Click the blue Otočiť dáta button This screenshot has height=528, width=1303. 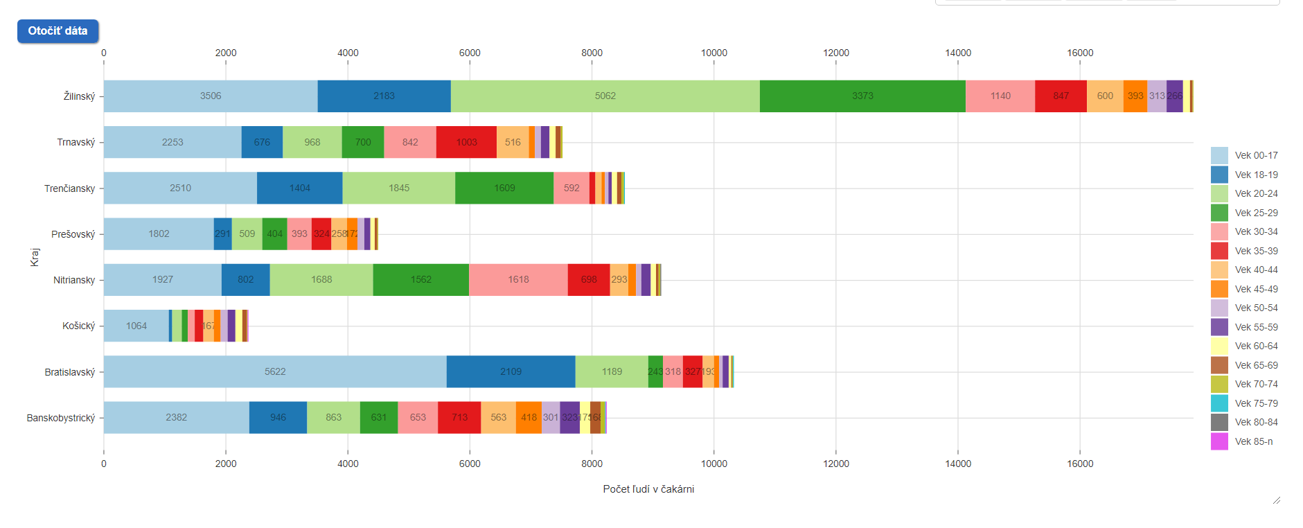[x=57, y=31]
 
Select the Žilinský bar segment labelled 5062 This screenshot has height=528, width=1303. [x=605, y=96]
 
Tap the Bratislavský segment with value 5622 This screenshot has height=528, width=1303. [x=275, y=372]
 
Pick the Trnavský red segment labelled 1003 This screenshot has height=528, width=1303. [x=466, y=142]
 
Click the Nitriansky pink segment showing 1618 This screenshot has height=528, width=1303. [x=518, y=280]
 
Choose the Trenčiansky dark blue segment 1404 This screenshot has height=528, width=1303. [x=299, y=188]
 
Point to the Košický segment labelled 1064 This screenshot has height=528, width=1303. [x=136, y=326]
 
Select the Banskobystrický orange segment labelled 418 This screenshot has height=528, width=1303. [x=529, y=418]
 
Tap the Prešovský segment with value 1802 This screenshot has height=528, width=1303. [x=159, y=234]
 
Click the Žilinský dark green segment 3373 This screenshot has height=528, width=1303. [x=862, y=96]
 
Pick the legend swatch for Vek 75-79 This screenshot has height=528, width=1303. [x=1219, y=403]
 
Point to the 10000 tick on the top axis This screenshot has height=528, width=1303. [x=713, y=53]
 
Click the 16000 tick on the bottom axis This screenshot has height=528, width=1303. [x=1080, y=464]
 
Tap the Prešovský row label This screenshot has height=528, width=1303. [x=73, y=234]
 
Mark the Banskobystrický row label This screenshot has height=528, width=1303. [x=61, y=418]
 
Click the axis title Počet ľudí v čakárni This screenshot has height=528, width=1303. [x=648, y=489]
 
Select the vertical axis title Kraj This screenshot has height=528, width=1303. [x=35, y=257]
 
